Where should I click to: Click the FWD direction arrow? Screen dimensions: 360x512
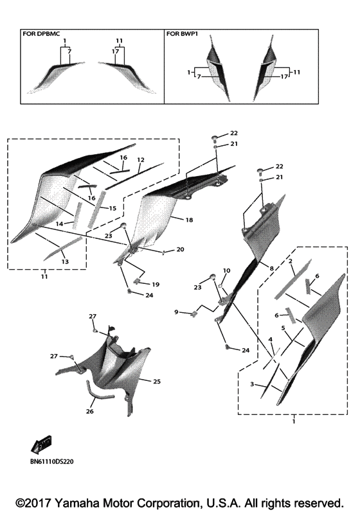(41, 445)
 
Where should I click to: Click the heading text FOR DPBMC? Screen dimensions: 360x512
(41, 33)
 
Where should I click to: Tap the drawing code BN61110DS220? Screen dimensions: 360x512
(51, 461)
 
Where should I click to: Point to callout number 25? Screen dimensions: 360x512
(157, 381)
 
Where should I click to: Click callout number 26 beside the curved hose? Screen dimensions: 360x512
(90, 411)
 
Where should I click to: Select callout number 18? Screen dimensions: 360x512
(189, 220)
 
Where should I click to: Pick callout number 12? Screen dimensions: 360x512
(141, 160)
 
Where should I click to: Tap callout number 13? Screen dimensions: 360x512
(65, 261)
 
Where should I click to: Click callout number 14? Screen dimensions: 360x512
(59, 224)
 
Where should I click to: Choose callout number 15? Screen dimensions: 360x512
(113, 208)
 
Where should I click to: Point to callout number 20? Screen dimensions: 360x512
(181, 249)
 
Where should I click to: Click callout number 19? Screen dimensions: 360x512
(156, 285)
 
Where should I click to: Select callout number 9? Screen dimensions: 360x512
(176, 312)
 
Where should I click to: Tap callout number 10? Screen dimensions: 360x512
(226, 270)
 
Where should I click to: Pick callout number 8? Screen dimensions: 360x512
(271, 269)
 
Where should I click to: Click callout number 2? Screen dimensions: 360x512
(290, 261)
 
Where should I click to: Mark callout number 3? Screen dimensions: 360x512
(252, 384)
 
